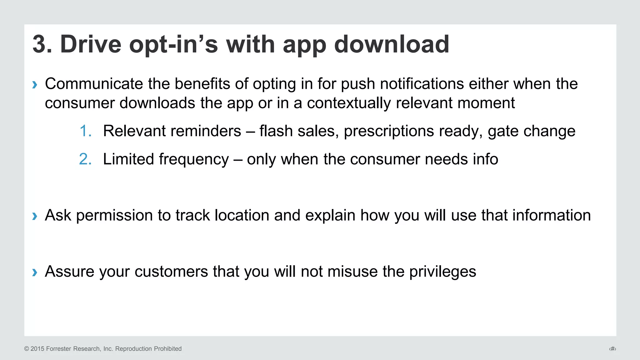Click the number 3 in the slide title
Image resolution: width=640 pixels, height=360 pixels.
tap(40, 44)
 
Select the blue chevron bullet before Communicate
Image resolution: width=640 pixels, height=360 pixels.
tap(35, 84)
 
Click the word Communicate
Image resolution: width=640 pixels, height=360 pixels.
tap(94, 84)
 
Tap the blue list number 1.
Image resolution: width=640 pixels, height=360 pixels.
tap(85, 131)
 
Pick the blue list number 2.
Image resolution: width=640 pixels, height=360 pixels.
tap(85, 159)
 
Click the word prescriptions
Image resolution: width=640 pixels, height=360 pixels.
tap(389, 131)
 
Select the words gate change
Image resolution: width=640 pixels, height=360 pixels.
tap(531, 131)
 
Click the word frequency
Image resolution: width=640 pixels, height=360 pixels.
tap(194, 159)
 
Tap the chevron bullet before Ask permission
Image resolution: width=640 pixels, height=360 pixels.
tap(35, 216)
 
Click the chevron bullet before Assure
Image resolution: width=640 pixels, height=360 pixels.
tap(35, 272)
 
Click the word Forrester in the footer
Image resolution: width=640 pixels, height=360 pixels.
tap(59, 349)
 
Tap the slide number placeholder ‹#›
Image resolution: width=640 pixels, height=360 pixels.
tap(612, 349)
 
